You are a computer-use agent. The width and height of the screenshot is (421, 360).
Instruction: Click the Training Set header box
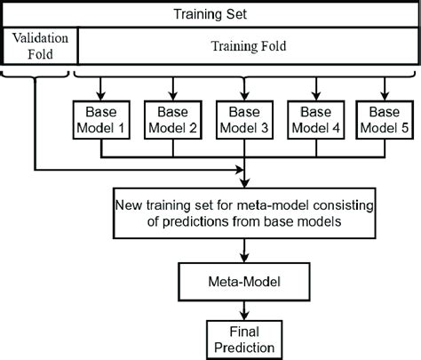(210, 14)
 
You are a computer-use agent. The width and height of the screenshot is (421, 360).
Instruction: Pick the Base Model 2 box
(175, 121)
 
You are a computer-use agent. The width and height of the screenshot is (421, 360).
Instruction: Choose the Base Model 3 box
(242, 121)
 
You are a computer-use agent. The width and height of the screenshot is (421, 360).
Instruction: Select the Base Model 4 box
(313, 121)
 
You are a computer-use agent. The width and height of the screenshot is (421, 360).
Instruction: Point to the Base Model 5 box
(382, 121)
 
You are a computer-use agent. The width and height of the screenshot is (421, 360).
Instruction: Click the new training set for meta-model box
(242, 212)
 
